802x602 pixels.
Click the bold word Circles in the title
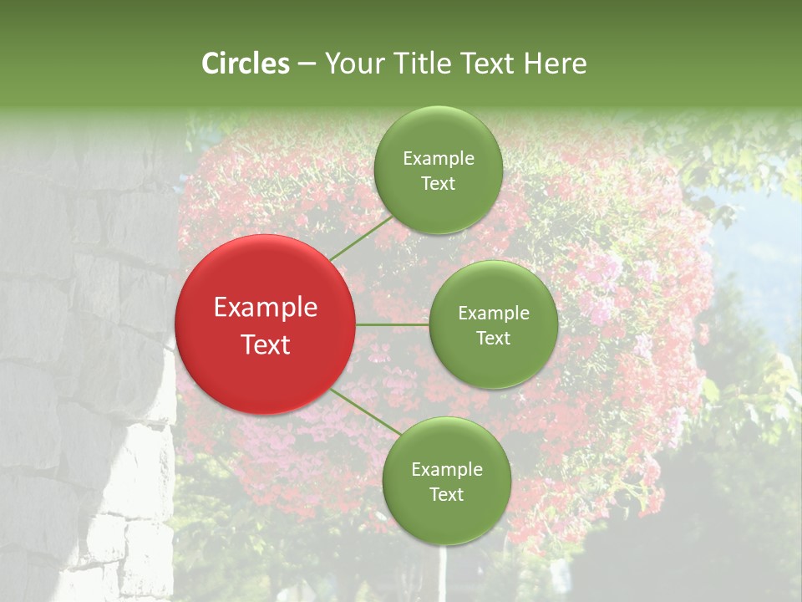(246, 64)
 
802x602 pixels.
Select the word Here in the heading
(555, 64)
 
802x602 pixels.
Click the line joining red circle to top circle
(361, 237)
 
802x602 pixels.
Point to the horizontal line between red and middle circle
(392, 324)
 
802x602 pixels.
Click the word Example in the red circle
(266, 308)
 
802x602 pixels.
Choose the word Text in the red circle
(266, 344)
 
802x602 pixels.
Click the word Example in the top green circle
(438, 159)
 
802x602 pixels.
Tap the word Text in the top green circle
(438, 184)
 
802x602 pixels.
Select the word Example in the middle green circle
(493, 314)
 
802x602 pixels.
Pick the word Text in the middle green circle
(493, 339)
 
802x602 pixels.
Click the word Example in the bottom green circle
(446, 470)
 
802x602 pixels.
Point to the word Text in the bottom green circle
(446, 495)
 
